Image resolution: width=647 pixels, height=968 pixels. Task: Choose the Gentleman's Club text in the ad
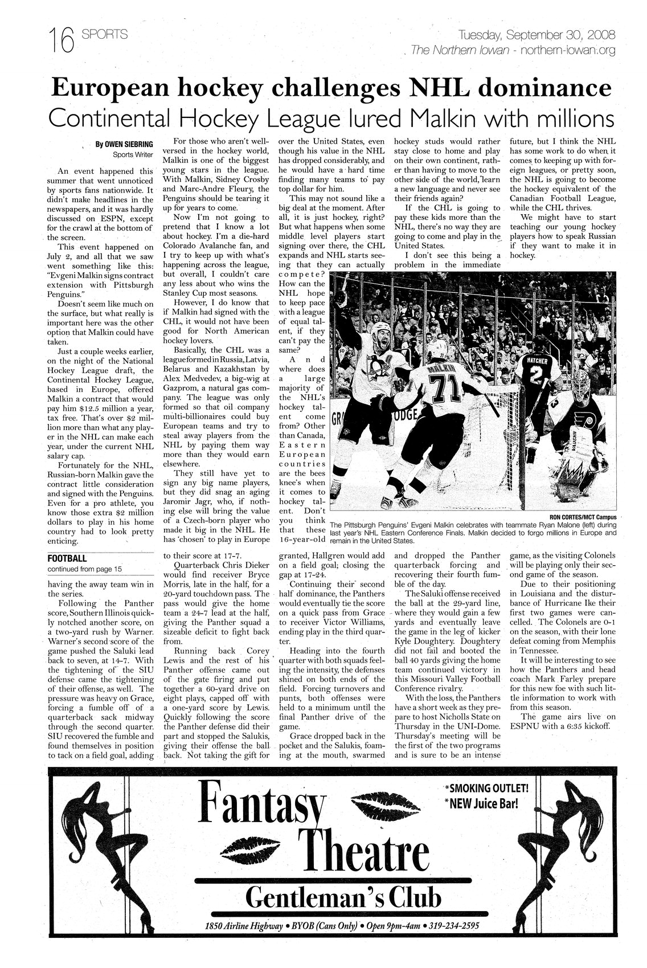[343, 900]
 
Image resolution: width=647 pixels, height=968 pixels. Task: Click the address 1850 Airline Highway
[248, 926]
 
